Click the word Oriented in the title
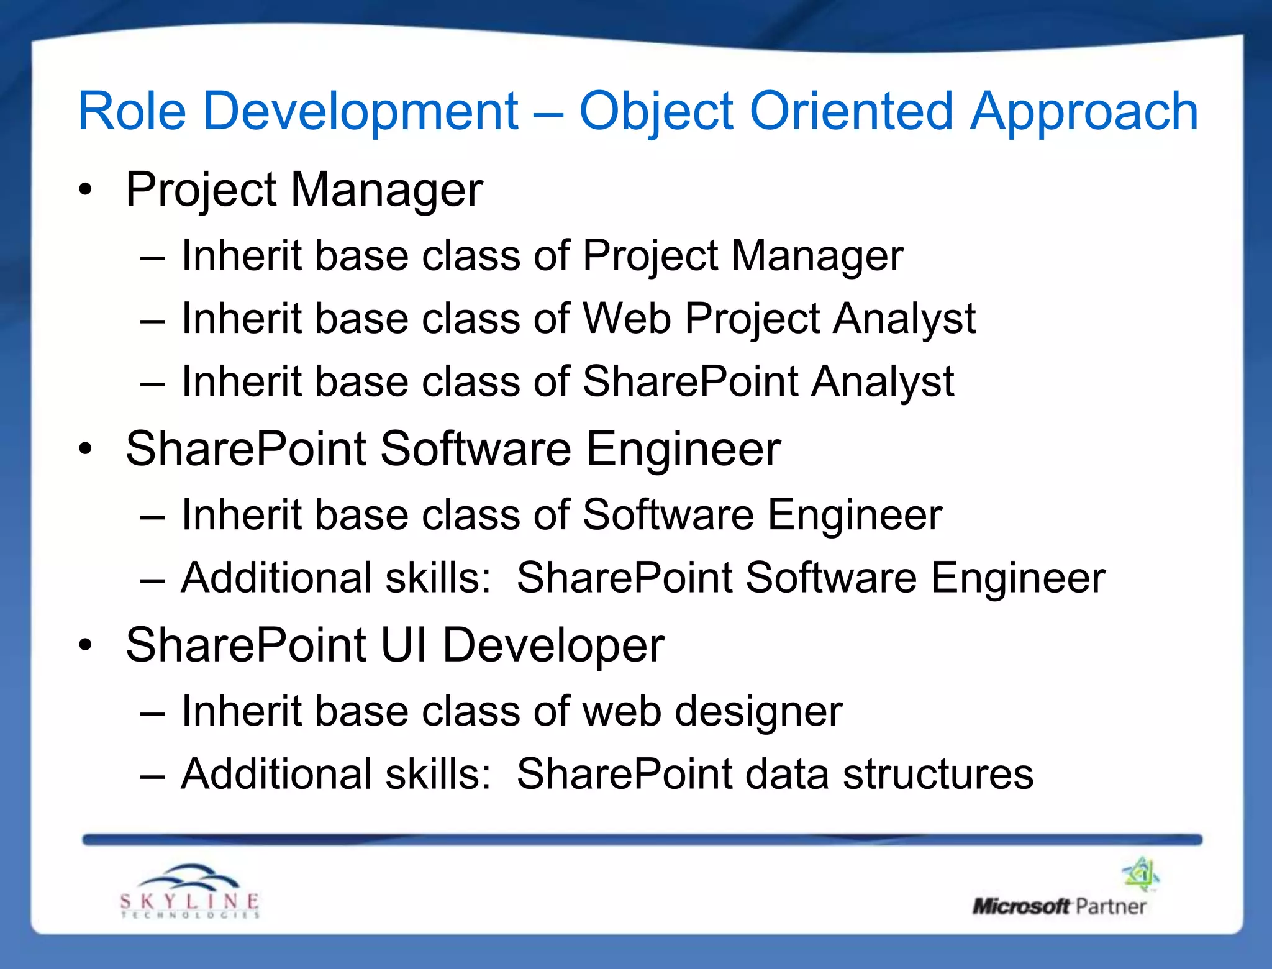point(850,112)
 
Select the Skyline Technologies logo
point(189,892)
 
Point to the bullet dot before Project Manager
point(86,189)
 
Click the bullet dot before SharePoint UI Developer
point(86,645)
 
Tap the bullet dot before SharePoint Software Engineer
point(86,449)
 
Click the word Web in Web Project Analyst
point(626,319)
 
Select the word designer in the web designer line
point(758,712)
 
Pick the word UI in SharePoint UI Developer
point(404,645)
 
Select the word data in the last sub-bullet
point(786,775)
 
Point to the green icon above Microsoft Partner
point(1141,873)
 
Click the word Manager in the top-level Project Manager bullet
point(386,189)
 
